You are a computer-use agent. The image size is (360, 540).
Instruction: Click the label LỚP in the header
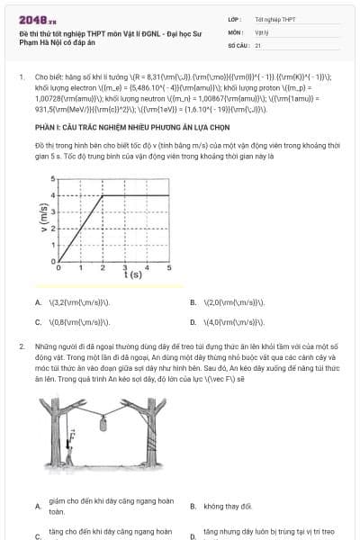(235, 19)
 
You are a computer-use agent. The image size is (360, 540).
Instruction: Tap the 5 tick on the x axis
(168, 267)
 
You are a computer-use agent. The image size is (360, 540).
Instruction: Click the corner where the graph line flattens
(103, 195)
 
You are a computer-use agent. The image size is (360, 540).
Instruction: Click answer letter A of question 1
(38, 303)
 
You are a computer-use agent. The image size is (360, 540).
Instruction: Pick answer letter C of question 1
(38, 321)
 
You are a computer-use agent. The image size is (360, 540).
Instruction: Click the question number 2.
(21, 346)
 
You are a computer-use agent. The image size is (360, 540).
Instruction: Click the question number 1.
(21, 77)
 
